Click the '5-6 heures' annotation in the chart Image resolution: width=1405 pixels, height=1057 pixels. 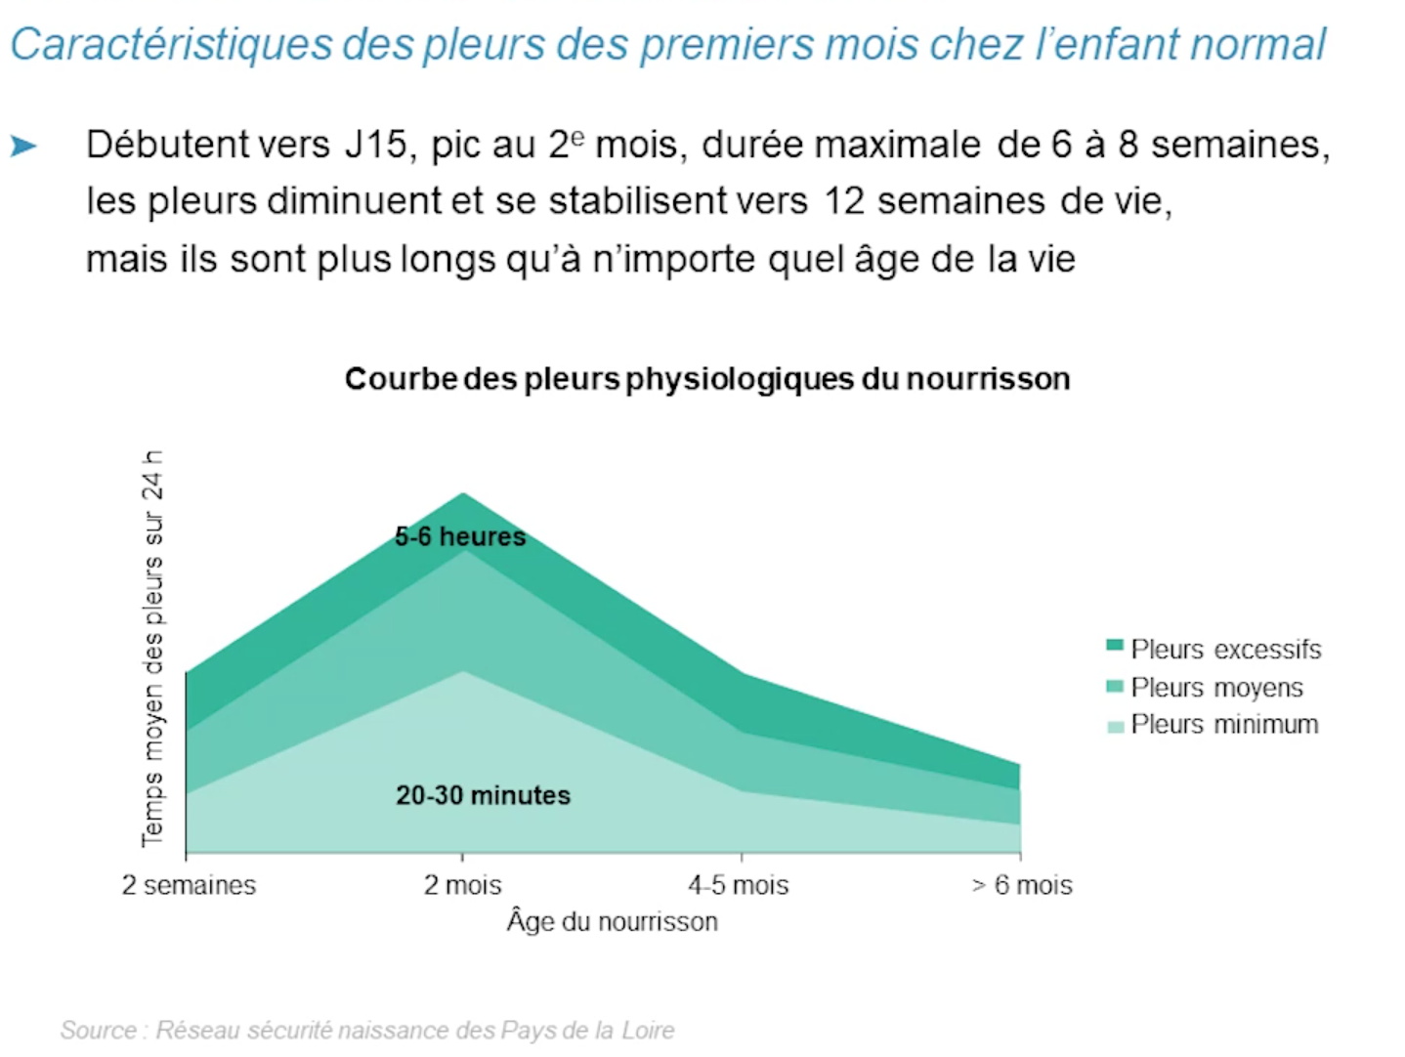(460, 536)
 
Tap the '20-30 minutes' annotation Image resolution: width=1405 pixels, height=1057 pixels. (483, 795)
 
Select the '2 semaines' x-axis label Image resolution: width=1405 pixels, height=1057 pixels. (189, 885)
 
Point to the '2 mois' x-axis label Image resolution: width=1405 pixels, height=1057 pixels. (462, 885)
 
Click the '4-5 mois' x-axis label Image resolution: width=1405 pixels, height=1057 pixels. (738, 885)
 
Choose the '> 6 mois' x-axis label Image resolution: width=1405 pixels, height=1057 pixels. (1021, 885)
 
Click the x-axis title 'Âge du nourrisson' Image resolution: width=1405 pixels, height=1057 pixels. (612, 921)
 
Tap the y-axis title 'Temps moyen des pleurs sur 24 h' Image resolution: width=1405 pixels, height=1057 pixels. (153, 649)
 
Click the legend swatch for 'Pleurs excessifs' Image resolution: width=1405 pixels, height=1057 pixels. (1115, 646)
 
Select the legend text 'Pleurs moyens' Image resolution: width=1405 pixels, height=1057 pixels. (1216, 688)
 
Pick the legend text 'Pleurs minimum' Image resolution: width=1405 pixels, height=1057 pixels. (1224, 725)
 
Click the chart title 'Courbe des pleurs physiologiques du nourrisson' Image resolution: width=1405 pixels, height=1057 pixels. (707, 379)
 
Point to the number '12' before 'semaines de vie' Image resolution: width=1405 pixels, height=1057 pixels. (846, 201)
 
